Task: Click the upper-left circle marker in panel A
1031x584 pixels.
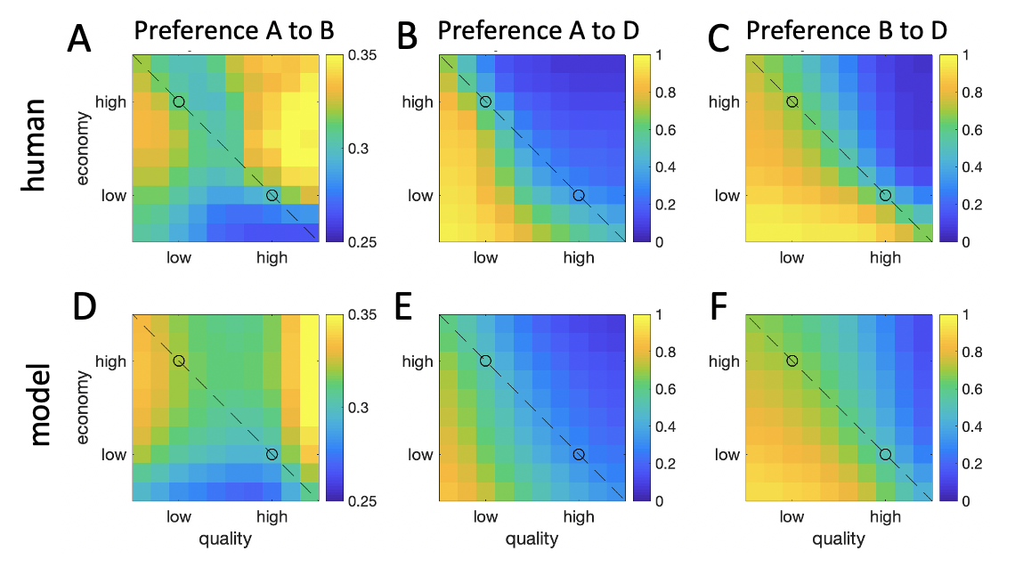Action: [x=179, y=101]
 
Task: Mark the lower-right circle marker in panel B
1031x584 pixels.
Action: [x=579, y=195]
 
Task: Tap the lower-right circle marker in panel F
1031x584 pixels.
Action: [x=885, y=454]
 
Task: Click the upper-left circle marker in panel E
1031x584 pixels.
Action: [x=485, y=361]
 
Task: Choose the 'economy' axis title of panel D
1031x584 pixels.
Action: [x=85, y=408]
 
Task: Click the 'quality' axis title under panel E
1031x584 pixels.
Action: [x=532, y=539]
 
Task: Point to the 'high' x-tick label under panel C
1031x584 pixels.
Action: [x=885, y=258]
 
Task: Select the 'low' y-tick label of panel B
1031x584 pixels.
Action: [x=421, y=195]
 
